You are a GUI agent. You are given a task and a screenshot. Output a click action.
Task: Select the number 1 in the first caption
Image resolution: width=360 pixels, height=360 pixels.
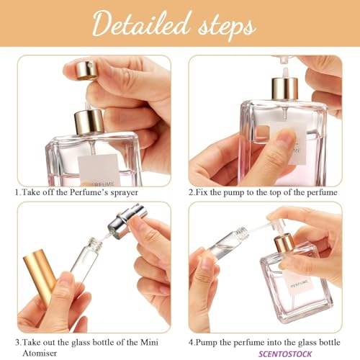pos(17,193)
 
